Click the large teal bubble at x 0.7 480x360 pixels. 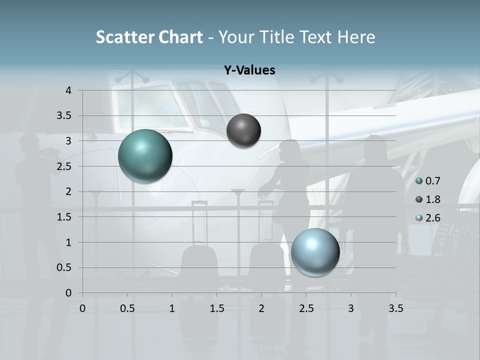pyautogui.click(x=145, y=156)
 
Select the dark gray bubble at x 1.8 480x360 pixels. pyautogui.click(x=243, y=131)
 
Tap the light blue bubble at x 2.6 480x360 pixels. pyautogui.click(x=315, y=252)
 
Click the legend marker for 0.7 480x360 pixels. pyautogui.click(x=419, y=181)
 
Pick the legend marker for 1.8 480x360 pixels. pyautogui.click(x=419, y=199)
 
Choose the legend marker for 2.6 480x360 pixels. pyautogui.click(x=419, y=218)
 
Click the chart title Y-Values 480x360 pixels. pyautogui.click(x=249, y=70)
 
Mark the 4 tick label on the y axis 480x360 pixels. pyautogui.click(x=68, y=90)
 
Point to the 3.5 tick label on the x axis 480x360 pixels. pyautogui.click(x=395, y=308)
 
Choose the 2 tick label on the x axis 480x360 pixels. pyautogui.click(x=261, y=308)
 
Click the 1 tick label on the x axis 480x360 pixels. pyautogui.click(x=172, y=308)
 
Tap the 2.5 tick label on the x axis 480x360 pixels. pyautogui.click(x=306, y=308)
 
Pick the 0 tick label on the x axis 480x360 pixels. pyautogui.click(x=82, y=308)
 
